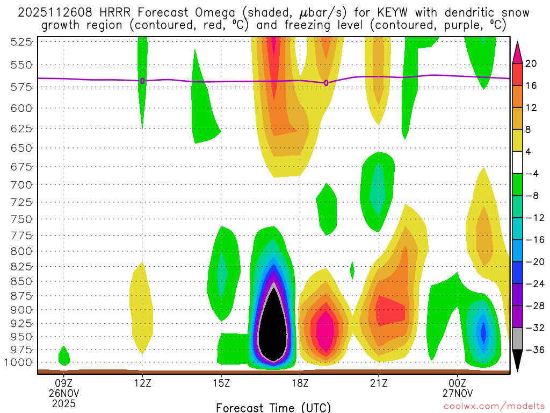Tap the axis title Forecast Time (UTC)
tap(273, 407)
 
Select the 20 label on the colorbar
tap(531, 63)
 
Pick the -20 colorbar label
tap(531, 262)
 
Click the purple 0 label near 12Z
tap(142, 81)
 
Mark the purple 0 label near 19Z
tap(326, 83)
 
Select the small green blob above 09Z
tap(63, 355)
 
